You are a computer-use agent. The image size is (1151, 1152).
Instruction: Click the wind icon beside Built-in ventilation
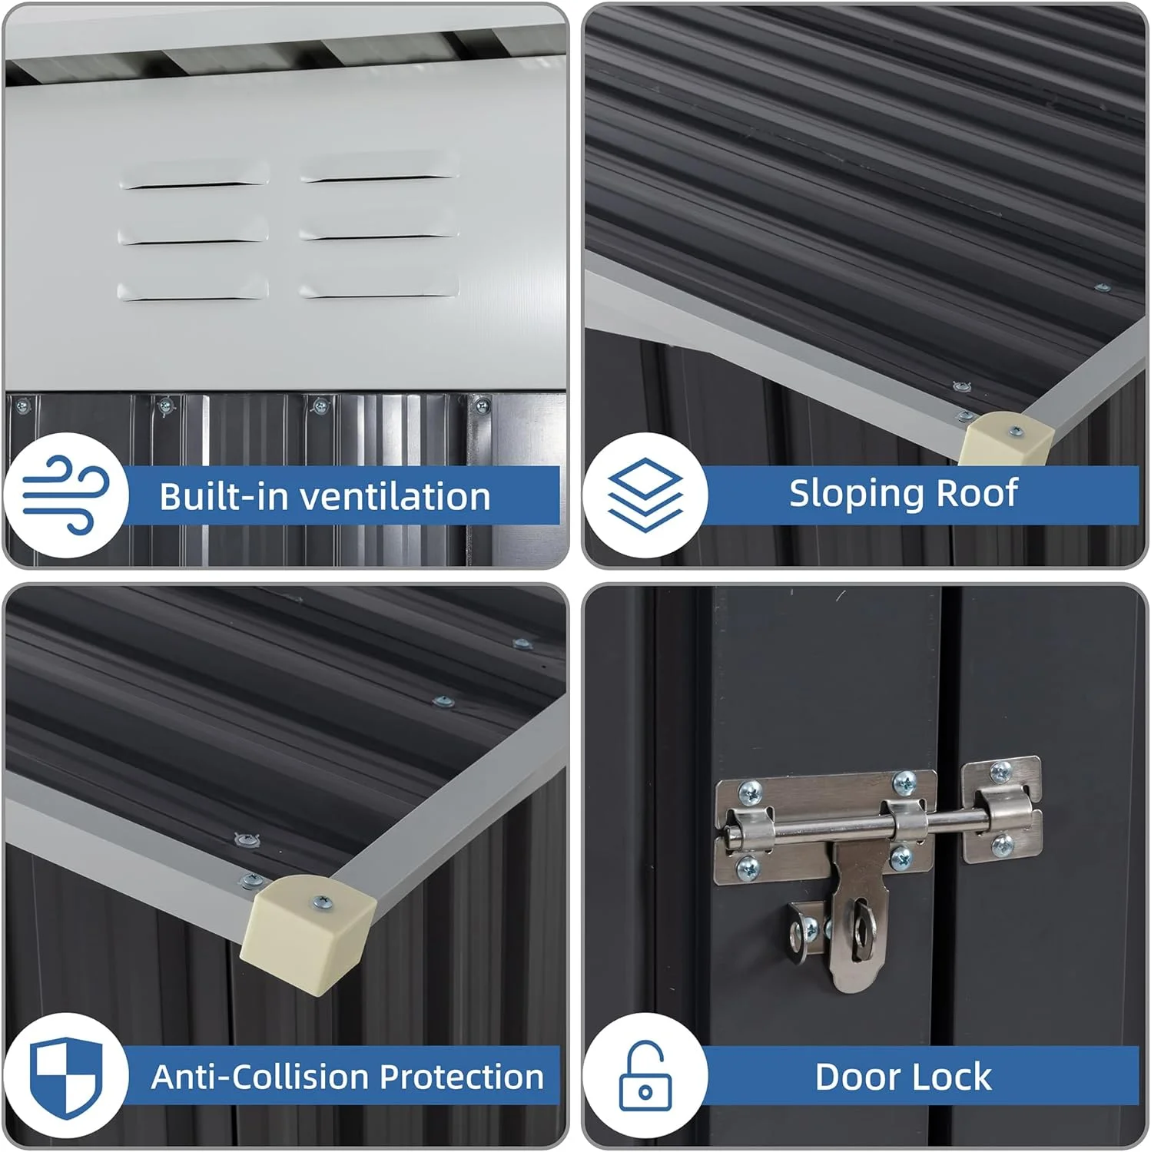(65, 495)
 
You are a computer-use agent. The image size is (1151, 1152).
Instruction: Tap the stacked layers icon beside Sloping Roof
(645, 495)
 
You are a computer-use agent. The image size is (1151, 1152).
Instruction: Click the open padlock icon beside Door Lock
(645, 1074)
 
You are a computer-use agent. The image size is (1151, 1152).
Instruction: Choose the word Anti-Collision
(260, 1077)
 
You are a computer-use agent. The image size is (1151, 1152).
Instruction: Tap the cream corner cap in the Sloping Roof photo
(1007, 439)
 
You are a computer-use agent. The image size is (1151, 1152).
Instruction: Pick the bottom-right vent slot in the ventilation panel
(380, 288)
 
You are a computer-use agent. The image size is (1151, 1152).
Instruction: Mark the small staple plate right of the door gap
(1001, 810)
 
